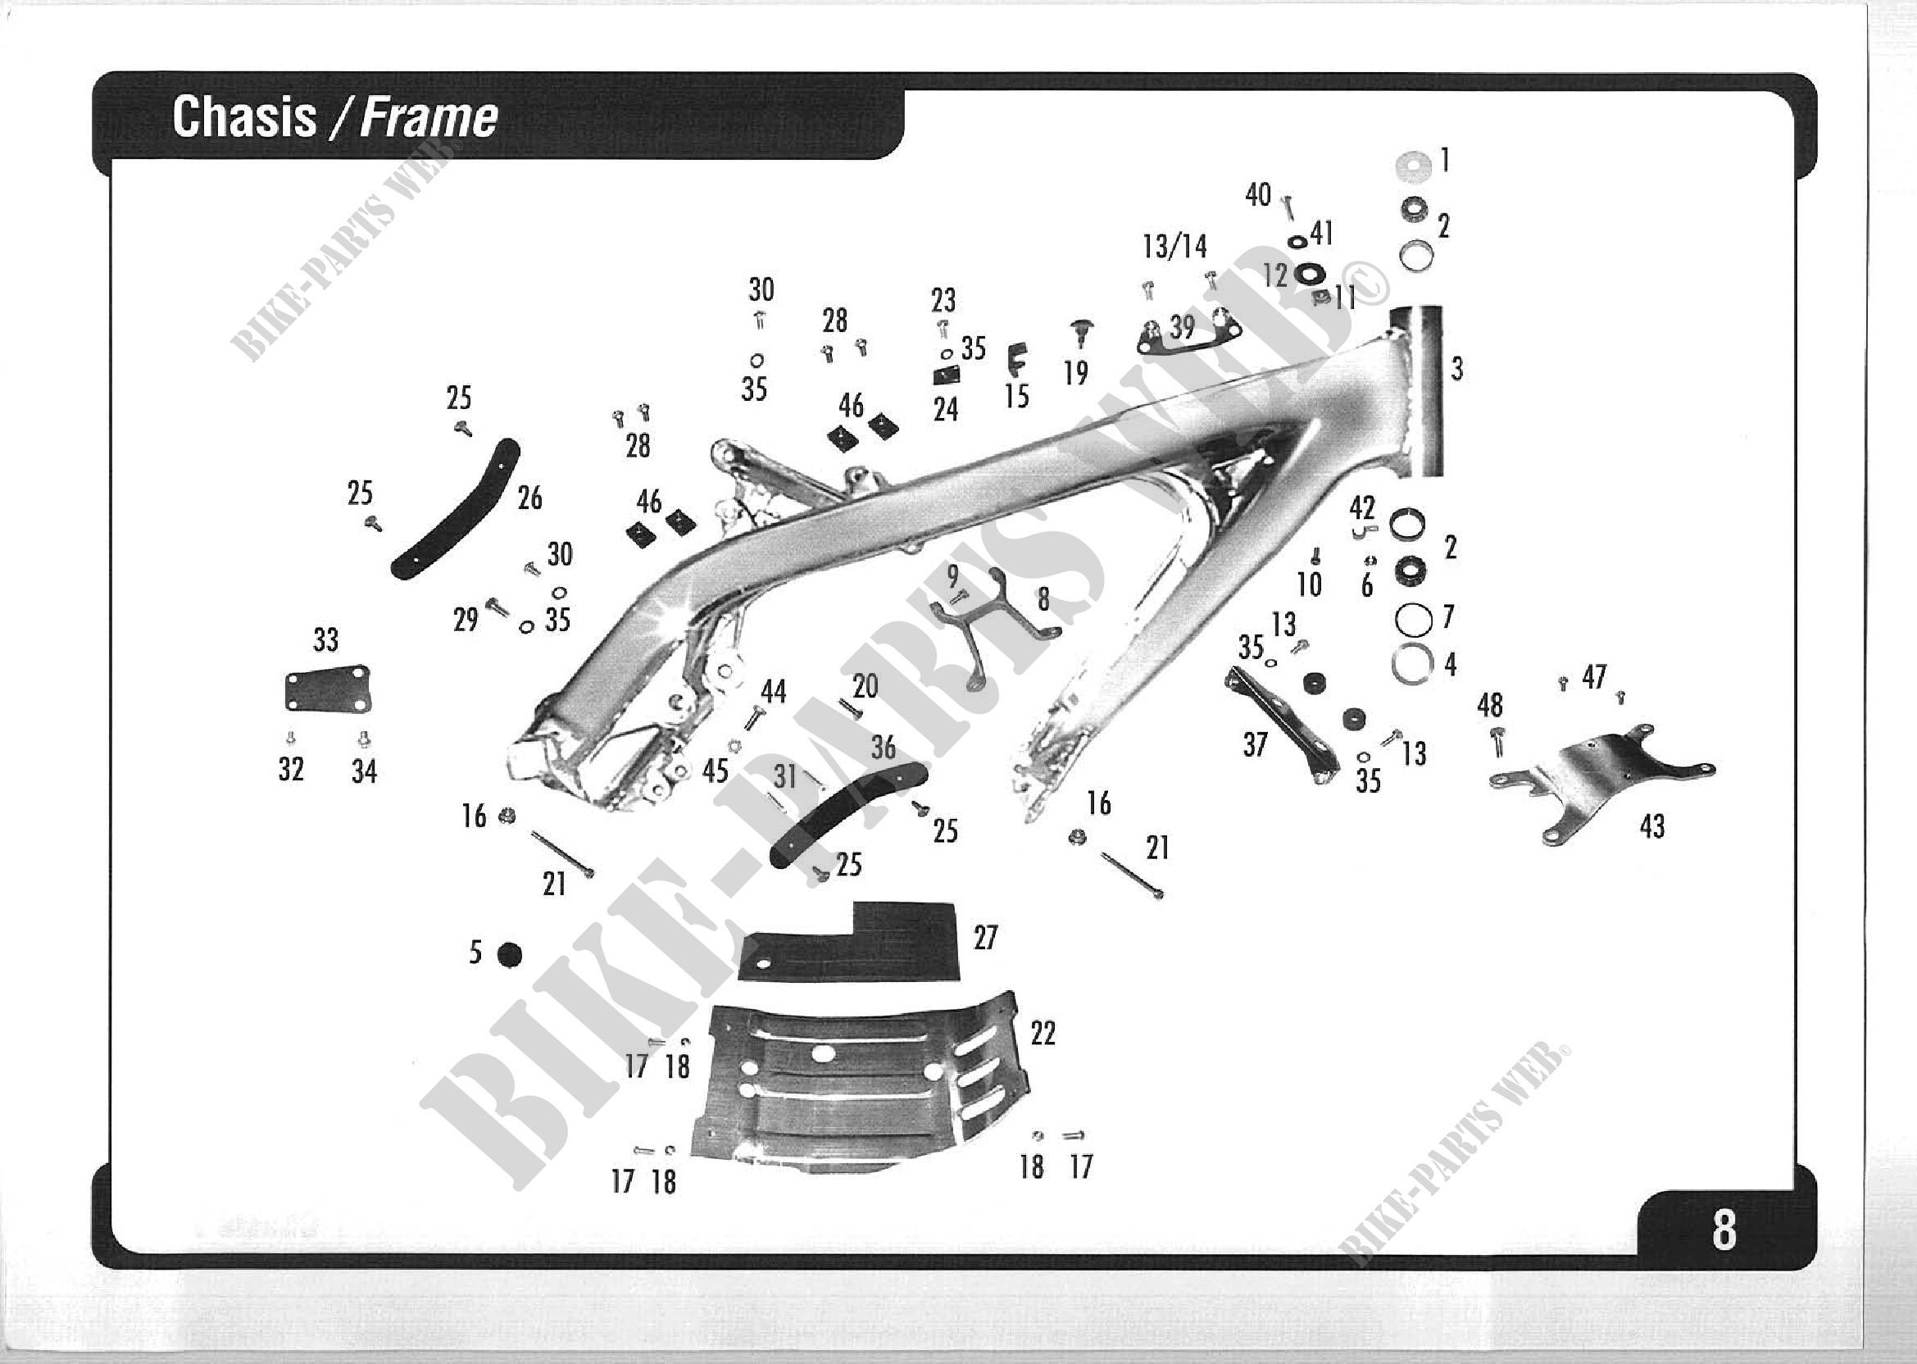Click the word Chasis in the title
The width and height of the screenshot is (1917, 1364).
tap(243, 116)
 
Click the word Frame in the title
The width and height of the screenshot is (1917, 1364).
tap(429, 116)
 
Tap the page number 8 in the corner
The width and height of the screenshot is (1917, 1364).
tap(1724, 1230)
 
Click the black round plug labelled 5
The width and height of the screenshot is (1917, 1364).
tap(509, 955)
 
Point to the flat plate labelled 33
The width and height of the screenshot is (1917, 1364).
tap(328, 690)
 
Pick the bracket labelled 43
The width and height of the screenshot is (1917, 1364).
tap(1600, 781)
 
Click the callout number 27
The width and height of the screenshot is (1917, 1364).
tap(985, 937)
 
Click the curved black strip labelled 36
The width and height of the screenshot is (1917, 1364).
tap(848, 813)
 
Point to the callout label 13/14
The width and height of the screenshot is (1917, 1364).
tap(1174, 247)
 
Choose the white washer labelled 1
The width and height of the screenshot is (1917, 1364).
tap(1413, 166)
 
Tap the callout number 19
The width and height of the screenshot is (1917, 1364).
tap(1075, 373)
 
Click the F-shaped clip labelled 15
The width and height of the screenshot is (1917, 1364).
tap(1017, 360)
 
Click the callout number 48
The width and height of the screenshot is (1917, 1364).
tap(1490, 705)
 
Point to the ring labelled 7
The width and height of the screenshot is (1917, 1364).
tap(1413, 620)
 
